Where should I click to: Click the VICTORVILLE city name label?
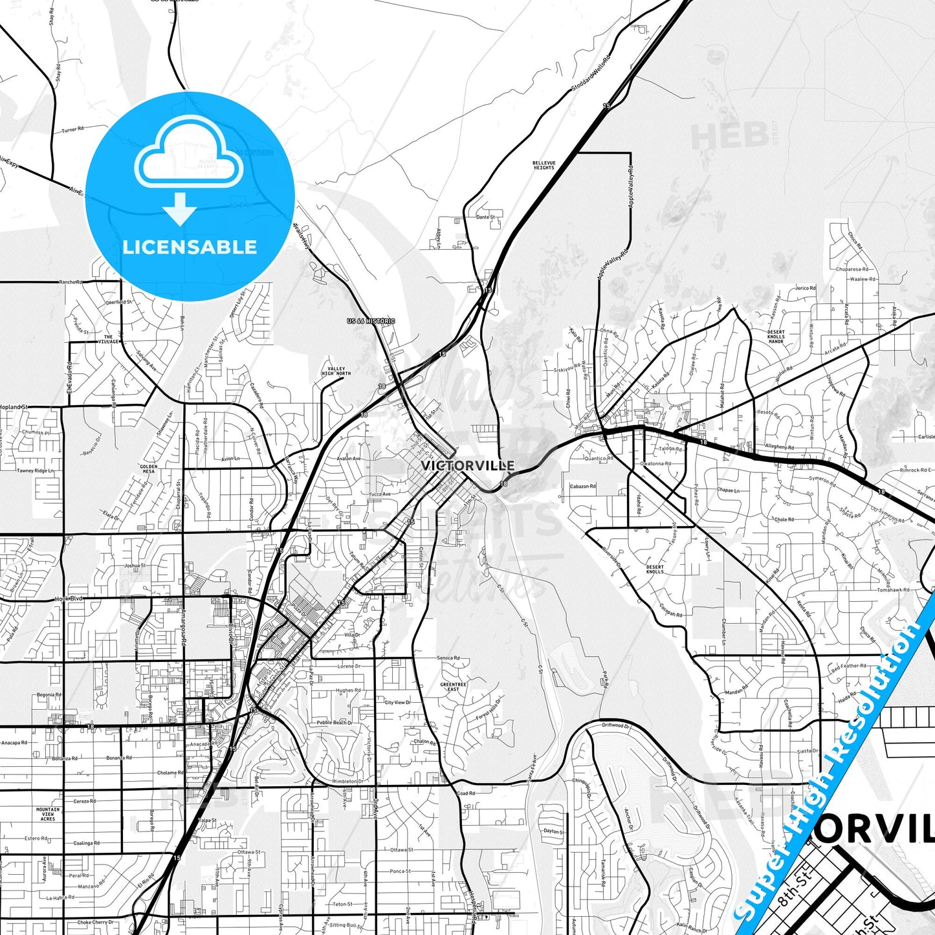(x=467, y=465)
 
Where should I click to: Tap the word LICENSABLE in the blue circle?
(x=190, y=247)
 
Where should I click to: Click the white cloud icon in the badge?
(x=188, y=159)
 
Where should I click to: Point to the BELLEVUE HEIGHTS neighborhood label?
(x=544, y=165)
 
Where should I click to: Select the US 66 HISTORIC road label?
(x=371, y=321)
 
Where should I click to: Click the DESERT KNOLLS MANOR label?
(x=775, y=336)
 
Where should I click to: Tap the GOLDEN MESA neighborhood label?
(x=148, y=468)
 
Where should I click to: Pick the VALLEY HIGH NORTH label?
(x=336, y=371)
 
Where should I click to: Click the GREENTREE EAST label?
(x=453, y=687)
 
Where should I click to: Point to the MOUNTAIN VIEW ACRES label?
(x=48, y=814)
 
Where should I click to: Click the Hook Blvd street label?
(x=69, y=599)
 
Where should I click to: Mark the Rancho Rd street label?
(x=71, y=282)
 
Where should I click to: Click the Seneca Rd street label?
(x=448, y=658)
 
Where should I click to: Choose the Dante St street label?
(x=485, y=217)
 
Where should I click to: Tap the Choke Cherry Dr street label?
(x=95, y=922)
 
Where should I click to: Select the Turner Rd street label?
(x=72, y=129)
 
